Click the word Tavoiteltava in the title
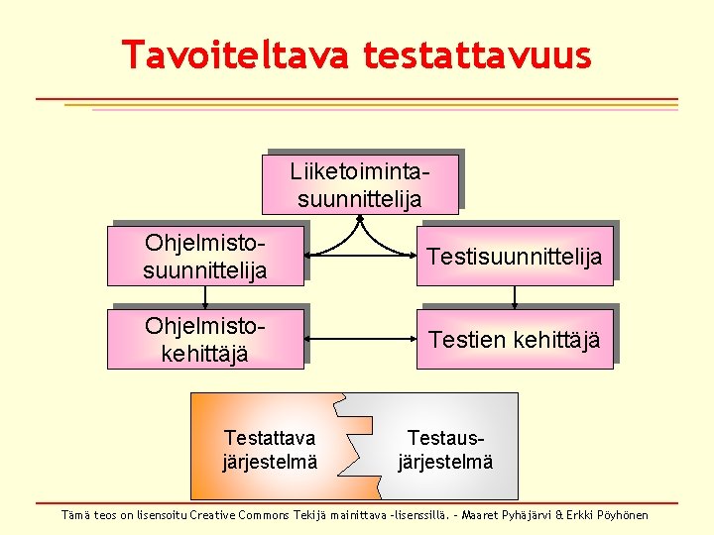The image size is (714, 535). pos(234,54)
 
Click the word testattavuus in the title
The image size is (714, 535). pos(477,54)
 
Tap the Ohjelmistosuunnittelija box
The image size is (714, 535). pos(205,256)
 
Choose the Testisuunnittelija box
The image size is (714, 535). pos(514,257)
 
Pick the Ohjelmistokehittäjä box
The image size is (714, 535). pos(205,339)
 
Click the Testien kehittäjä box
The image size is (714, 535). pos(514,340)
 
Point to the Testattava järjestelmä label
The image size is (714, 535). pos(270,449)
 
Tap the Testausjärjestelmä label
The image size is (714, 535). pos(444,449)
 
